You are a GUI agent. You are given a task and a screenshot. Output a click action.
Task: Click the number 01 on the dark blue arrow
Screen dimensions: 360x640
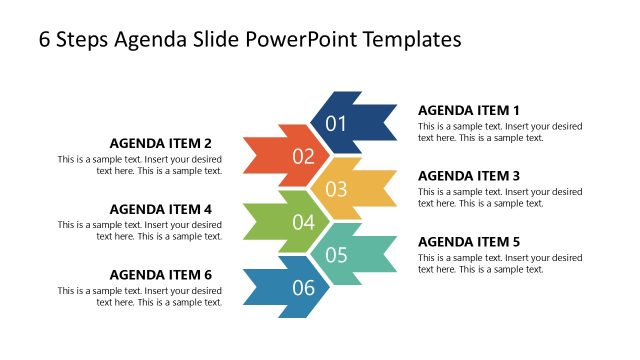click(x=336, y=124)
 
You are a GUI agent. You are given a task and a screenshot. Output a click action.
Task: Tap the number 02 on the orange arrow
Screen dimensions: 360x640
click(x=303, y=157)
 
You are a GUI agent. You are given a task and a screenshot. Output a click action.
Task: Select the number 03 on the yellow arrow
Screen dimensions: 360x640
click(x=336, y=189)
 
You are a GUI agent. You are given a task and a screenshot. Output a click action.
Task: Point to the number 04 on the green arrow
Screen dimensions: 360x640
click(x=303, y=222)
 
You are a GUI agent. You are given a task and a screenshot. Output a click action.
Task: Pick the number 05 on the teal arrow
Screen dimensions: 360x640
click(x=336, y=255)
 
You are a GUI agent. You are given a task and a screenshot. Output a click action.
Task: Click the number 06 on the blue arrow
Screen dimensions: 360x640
click(x=303, y=288)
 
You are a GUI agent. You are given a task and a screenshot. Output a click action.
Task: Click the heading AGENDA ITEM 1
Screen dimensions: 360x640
click(x=469, y=110)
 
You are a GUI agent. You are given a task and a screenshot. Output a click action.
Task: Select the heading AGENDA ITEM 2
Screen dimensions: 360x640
click(x=161, y=143)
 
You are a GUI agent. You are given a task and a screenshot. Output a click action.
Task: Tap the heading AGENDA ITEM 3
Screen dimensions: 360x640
click(x=469, y=176)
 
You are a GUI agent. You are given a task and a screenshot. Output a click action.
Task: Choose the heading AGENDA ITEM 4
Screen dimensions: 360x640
click(x=161, y=209)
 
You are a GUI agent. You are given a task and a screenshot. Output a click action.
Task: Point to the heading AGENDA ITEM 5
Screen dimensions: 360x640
click(x=469, y=242)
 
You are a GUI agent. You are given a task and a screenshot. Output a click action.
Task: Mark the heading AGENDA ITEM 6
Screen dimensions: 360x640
click(x=161, y=275)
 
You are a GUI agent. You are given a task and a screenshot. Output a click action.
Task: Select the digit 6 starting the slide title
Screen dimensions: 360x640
click(x=45, y=39)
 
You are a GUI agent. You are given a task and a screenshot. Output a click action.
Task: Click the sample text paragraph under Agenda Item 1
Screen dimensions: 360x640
click(x=500, y=132)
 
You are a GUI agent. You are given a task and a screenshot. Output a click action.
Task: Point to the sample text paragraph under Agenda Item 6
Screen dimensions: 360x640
click(x=140, y=297)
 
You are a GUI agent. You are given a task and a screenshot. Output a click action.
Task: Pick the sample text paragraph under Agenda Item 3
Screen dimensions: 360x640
click(x=500, y=198)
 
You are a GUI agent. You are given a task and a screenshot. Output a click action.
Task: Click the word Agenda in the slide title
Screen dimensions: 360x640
click(x=151, y=39)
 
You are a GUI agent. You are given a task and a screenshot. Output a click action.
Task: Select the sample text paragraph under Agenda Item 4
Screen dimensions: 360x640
click(x=140, y=231)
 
